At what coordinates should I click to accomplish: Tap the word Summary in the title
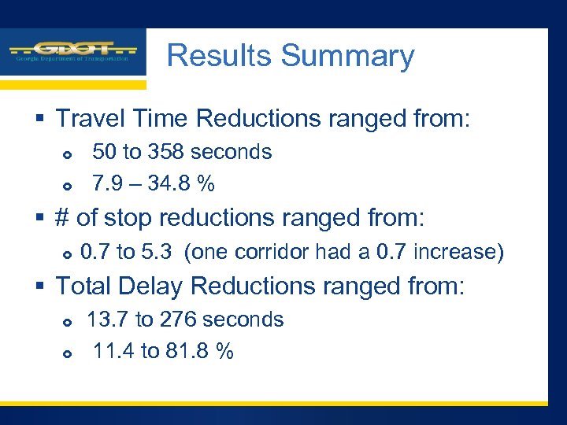(x=347, y=56)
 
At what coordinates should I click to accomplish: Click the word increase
(x=458, y=252)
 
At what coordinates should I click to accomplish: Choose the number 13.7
(x=108, y=320)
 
